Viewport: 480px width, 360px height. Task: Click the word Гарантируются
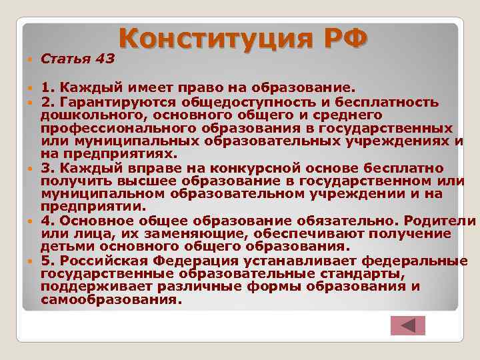tap(103, 102)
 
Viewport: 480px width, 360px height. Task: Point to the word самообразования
tap(111, 299)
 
